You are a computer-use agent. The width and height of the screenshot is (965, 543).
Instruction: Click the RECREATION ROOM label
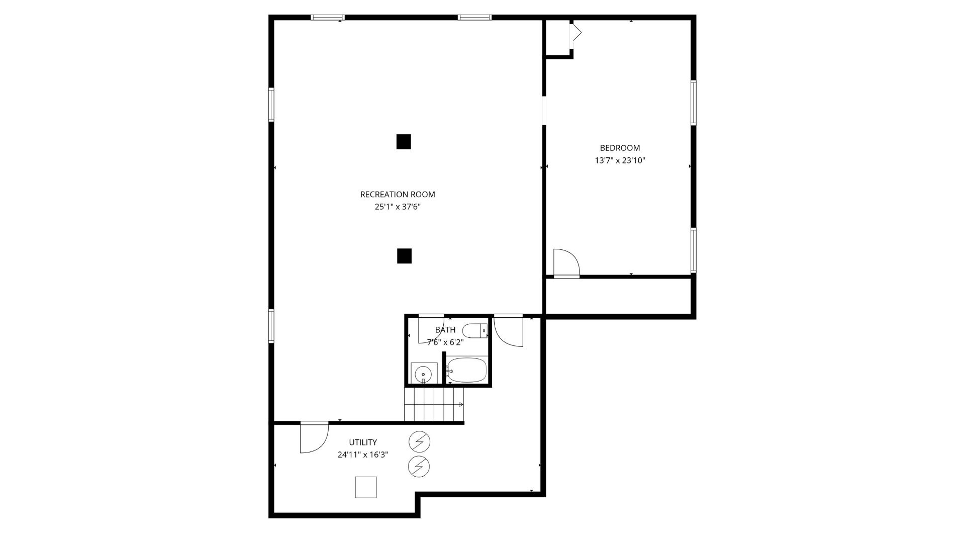(397, 194)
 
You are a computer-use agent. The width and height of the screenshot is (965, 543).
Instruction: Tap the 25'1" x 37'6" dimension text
(397, 207)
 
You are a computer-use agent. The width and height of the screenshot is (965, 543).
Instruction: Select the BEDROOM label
(620, 148)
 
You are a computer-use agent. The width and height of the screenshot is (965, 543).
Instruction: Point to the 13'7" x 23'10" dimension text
(620, 160)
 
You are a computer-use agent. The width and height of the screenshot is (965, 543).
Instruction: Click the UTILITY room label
(363, 442)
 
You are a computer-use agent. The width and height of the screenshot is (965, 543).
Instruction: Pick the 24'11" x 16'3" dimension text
(363, 455)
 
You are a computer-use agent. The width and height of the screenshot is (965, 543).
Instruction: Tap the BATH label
(445, 330)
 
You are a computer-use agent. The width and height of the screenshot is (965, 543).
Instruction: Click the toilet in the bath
(474, 331)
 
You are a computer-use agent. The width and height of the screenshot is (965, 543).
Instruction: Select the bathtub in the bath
(466, 370)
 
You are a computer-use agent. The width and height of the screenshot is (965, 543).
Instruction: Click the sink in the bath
(423, 374)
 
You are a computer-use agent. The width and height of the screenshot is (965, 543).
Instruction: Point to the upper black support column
(404, 142)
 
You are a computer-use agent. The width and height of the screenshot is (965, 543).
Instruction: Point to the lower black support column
(404, 256)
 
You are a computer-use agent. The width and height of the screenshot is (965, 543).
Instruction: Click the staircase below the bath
(434, 404)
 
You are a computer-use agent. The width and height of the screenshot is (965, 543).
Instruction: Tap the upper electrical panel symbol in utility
(419, 442)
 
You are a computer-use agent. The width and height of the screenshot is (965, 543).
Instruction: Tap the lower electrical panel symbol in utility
(419, 467)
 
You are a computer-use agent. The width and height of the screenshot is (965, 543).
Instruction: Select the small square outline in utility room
(366, 487)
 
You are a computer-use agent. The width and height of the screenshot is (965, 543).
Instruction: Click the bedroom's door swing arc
(566, 262)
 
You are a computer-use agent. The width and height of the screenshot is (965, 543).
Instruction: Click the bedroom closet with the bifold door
(558, 38)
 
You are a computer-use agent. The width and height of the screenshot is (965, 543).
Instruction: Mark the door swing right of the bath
(508, 331)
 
